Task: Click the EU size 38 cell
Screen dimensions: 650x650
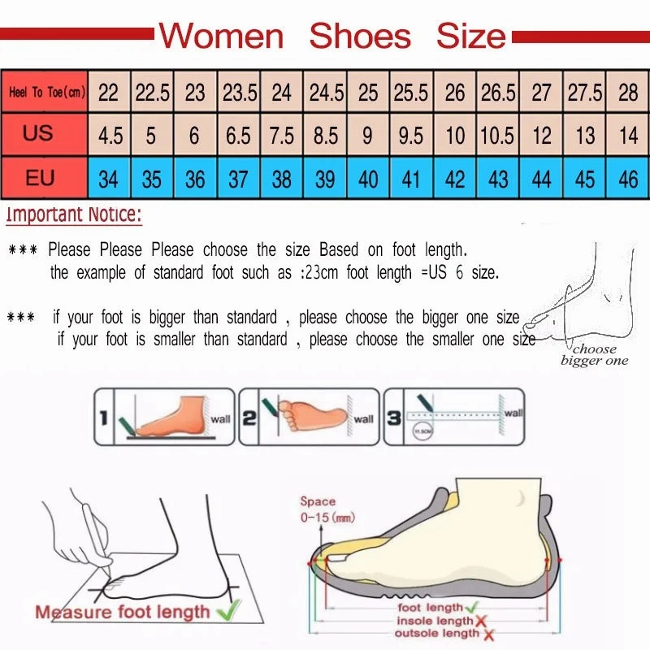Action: pyautogui.click(x=281, y=179)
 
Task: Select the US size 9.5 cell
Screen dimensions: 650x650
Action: pyautogui.click(x=411, y=135)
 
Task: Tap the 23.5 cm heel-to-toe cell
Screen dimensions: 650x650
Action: pyautogui.click(x=239, y=93)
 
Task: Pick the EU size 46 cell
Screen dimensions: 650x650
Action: pyautogui.click(x=628, y=179)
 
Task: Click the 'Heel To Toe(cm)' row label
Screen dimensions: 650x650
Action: pyautogui.click(x=45, y=93)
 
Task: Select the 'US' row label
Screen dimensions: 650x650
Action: pyautogui.click(x=38, y=133)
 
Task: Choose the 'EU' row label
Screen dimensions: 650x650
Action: pyautogui.click(x=39, y=177)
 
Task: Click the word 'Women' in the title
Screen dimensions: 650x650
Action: pyautogui.click(x=221, y=37)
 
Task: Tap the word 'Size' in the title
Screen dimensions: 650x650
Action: pyautogui.click(x=470, y=37)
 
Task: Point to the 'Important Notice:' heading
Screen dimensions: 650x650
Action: pyautogui.click(x=74, y=216)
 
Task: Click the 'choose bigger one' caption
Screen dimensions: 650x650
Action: pyautogui.click(x=595, y=355)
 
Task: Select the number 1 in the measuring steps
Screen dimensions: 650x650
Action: pyautogui.click(x=104, y=419)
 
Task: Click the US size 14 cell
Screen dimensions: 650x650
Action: pyautogui.click(x=628, y=135)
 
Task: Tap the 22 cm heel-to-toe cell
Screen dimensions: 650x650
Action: pyautogui.click(x=108, y=93)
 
